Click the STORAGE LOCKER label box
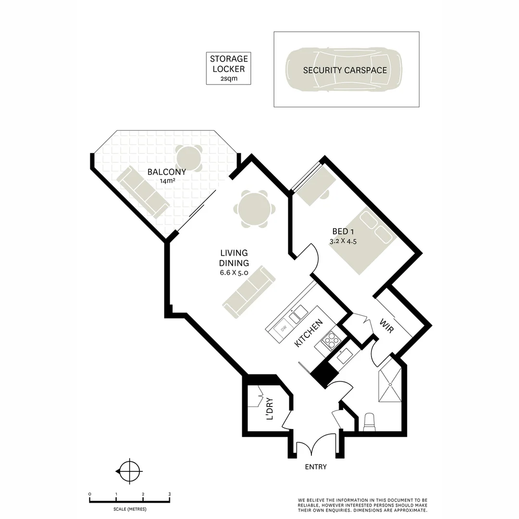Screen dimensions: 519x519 coord(228,68)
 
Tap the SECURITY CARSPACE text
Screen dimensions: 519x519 coord(345,70)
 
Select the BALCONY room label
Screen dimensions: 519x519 coord(167,172)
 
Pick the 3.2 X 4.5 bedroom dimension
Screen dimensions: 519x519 coord(343,242)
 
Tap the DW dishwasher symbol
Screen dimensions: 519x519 coord(284,328)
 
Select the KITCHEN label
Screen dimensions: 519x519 coord(308,334)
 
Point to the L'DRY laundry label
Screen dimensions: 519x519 coord(270,409)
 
